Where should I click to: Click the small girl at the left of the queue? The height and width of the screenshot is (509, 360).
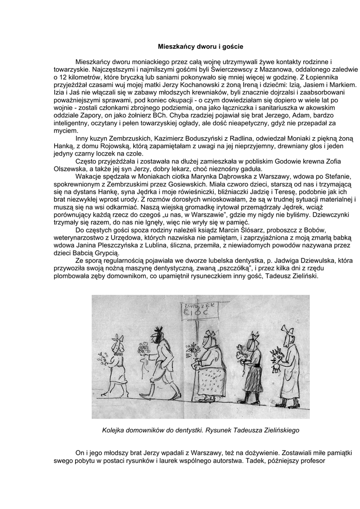117,363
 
